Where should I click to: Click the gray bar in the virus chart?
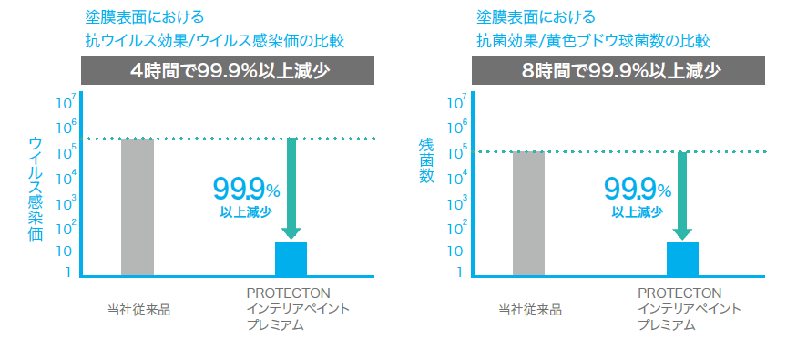pos(138,206)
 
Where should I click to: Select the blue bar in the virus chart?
pos(291,257)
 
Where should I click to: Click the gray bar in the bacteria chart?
pos(528,212)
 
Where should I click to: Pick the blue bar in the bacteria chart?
pos(682,257)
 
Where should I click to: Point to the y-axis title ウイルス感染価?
pos(36,188)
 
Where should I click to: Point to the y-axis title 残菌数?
pos(426,161)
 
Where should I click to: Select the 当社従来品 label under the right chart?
pos(529,309)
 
